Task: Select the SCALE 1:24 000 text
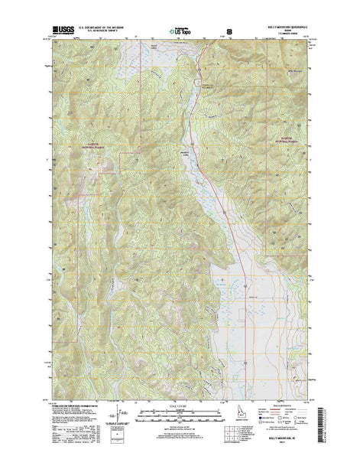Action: (x=179, y=405)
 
